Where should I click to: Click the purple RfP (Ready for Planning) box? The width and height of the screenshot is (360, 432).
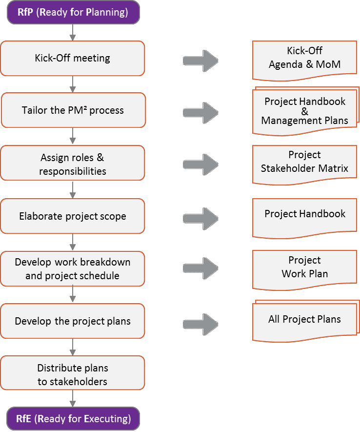point(73,12)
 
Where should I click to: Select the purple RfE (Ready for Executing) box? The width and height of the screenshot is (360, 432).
point(73,419)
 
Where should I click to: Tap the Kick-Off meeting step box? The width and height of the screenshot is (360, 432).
point(73,58)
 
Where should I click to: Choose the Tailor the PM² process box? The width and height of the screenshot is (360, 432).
point(73,110)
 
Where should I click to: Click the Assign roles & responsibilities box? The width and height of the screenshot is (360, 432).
point(73,165)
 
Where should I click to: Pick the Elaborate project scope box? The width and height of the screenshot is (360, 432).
point(73,216)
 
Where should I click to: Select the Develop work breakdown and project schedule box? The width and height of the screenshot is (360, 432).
point(73,269)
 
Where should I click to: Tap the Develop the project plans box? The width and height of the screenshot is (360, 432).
point(73,321)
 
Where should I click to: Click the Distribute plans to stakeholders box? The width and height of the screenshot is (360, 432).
point(73,374)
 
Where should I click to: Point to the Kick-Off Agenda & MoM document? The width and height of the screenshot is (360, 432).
point(305,59)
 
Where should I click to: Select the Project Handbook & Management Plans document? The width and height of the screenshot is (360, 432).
point(305,111)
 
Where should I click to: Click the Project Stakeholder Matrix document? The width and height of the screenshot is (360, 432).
point(305,163)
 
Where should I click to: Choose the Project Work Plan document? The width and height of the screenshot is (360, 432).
point(305,268)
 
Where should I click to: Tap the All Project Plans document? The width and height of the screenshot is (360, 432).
point(305,320)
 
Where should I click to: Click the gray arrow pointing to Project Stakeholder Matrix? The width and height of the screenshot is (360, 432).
point(200,165)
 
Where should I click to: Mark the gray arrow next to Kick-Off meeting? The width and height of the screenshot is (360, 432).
point(200,61)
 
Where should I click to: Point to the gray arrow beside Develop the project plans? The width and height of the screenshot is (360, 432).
point(200,324)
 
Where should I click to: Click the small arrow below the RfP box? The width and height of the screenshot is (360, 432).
point(73,32)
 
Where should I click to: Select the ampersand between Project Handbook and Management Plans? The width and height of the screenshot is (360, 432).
point(305,111)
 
